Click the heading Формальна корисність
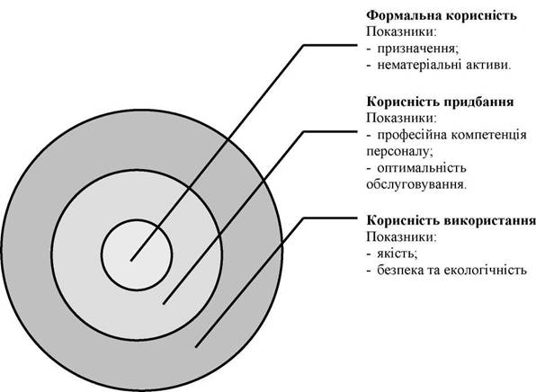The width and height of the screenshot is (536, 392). tap(442, 15)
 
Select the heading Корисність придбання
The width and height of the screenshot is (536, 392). tap(441, 102)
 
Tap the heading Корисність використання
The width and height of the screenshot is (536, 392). tap(451, 220)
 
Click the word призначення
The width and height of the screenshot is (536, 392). tap(418, 49)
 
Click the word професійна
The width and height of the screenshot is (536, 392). tap(411, 135)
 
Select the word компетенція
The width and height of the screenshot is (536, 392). tap(488, 135)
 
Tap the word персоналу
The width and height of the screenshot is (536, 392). tap(399, 152)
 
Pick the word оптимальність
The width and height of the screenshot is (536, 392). tap(422, 168)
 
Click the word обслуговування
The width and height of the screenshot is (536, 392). tap(416, 185)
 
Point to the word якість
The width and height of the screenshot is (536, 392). tap(398, 254)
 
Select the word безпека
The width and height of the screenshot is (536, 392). tap(400, 271)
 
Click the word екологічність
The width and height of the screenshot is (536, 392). tap(485, 271)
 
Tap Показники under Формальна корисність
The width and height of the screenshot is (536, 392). tap(402, 32)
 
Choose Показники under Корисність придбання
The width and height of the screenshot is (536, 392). tap(402, 119)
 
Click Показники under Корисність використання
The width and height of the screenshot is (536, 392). tap(402, 236)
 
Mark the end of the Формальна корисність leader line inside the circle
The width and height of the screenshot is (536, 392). tap(131, 261)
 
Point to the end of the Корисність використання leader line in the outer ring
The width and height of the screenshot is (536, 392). tap(196, 347)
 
